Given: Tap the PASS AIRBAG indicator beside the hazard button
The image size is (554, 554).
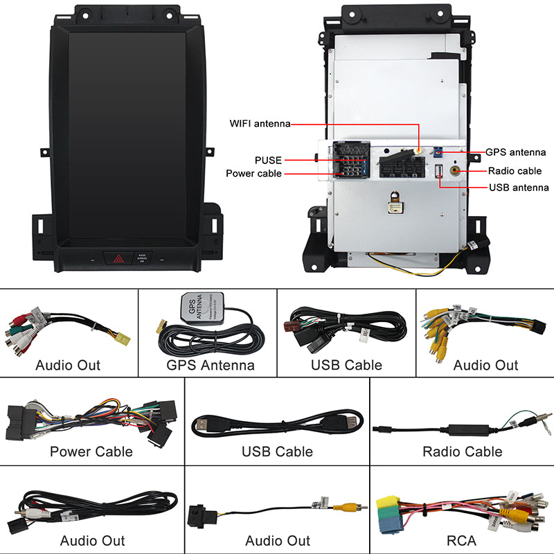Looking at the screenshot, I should click(141, 258).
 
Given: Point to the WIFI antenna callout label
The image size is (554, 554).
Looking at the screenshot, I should click(260, 124).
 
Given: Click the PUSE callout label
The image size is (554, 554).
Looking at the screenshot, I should click(268, 161).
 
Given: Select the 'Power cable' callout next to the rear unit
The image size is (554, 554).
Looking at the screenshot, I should click(253, 173).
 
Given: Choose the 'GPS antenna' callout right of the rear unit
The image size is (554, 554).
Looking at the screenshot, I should click(515, 152).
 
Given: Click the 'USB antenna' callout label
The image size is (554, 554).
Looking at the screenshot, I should click(519, 187).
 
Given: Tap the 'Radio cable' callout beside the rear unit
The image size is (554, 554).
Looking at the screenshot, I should click(515, 171).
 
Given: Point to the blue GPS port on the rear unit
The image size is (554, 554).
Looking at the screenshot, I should click(438, 152).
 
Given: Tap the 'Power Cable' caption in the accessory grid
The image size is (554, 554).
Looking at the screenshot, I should click(91, 452).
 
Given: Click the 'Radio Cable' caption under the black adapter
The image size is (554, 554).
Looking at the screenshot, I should click(462, 452).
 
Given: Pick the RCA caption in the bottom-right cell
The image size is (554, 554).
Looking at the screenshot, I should click(463, 540).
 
